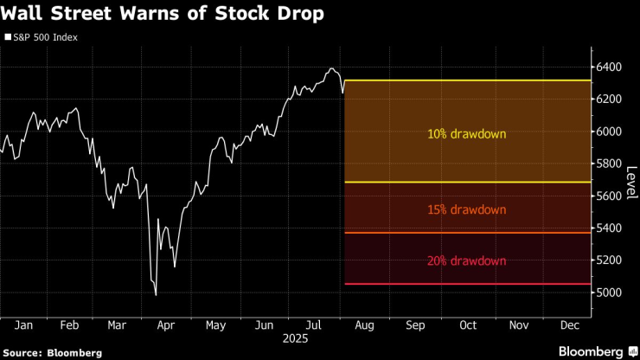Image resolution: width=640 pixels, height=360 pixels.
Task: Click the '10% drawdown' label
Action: (x=466, y=134)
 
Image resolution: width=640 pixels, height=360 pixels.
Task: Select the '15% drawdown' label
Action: (x=466, y=209)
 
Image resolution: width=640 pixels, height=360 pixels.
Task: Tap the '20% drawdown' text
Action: (x=466, y=260)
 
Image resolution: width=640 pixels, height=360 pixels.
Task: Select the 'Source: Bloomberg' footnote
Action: (x=52, y=352)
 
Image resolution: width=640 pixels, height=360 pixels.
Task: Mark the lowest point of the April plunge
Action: (x=156, y=295)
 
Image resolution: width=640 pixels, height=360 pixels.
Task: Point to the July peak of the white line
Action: (x=331, y=68)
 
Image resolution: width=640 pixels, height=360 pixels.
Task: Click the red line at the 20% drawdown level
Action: (x=466, y=284)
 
